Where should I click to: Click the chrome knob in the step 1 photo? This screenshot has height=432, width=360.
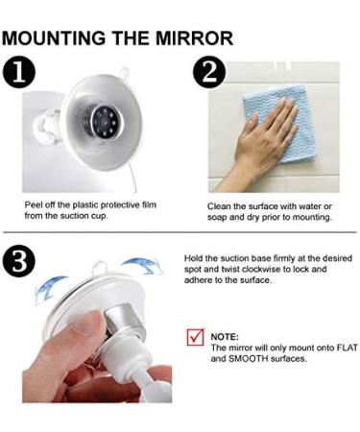(x=102, y=123)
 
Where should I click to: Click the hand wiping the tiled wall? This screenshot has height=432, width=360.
(x=267, y=144)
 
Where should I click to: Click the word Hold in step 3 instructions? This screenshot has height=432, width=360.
(x=194, y=258)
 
